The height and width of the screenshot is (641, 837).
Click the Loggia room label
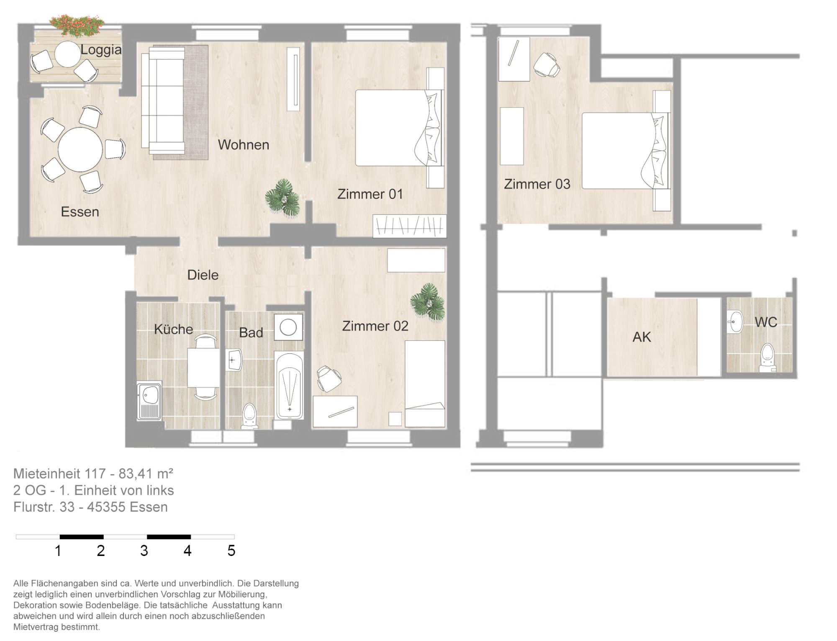point(101,50)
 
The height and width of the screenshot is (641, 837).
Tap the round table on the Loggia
point(67,54)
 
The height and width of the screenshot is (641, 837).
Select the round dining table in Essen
point(80,149)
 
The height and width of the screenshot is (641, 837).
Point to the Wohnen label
point(244,145)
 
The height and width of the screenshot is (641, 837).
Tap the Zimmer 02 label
point(375,326)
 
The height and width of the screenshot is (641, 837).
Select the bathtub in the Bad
point(289,385)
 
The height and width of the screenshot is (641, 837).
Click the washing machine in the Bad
point(288,327)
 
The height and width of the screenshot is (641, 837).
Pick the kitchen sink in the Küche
point(149,400)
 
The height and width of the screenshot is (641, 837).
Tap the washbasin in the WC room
point(734,322)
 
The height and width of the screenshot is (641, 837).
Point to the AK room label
point(642,337)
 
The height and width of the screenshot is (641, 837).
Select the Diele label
point(203,275)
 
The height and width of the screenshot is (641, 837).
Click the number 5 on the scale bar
point(231,551)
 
